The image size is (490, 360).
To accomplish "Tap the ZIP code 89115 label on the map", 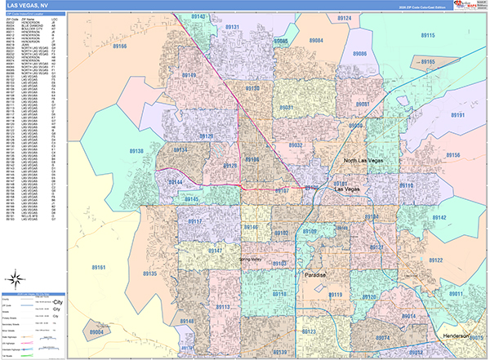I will pyautogui.click(x=428, y=37).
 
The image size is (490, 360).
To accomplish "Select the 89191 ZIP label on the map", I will pyautogui.click(x=456, y=116).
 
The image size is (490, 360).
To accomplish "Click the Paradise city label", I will pyautogui.click(x=316, y=275).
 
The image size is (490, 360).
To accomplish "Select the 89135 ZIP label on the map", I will pyautogui.click(x=149, y=273).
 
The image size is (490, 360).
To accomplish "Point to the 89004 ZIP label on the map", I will pyautogui.click(x=97, y=333).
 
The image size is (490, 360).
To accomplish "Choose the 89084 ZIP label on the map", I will pyautogui.click(x=317, y=40).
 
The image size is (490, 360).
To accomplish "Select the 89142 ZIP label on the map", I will pyautogui.click(x=439, y=218).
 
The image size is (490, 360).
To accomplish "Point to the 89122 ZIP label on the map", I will pyautogui.click(x=434, y=260).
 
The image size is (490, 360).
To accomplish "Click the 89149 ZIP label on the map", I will pyautogui.click(x=189, y=75).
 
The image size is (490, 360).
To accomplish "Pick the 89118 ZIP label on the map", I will pyautogui.click(x=279, y=294).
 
